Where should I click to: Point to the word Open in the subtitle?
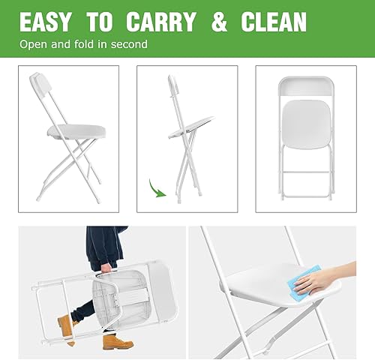(34, 44)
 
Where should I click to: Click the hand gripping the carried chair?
(106, 268)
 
